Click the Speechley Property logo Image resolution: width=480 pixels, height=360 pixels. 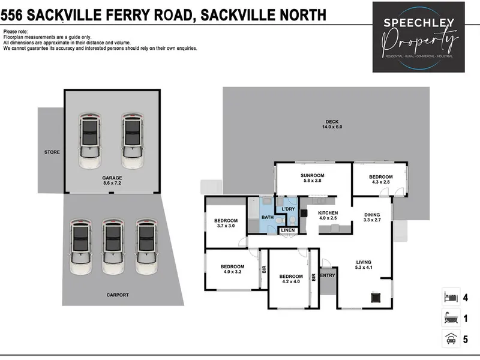418,37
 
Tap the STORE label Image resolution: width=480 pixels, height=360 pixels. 52,152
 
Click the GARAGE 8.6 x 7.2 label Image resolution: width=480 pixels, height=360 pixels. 112,181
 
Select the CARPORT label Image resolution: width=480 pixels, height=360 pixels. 118,295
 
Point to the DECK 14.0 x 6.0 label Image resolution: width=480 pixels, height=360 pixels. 332,124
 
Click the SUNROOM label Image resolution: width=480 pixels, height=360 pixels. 312,175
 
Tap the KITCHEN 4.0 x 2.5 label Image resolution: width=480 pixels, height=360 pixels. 328,215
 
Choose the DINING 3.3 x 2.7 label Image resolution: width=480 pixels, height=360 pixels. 372,217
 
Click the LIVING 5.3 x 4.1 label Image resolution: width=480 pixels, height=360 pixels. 364,265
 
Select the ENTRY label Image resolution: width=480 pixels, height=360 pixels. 328,275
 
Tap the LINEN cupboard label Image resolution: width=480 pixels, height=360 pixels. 288,230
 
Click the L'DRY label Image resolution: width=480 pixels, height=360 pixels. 288,209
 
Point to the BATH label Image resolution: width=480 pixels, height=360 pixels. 268,217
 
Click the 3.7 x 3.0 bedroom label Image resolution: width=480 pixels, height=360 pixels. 226,223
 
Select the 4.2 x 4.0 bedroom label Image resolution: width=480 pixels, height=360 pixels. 291,279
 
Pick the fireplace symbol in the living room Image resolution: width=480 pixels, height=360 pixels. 376,297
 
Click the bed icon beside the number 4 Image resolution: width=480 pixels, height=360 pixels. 451,297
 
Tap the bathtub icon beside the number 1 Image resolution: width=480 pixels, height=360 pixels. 451,319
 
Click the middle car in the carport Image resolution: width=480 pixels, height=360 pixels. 113,247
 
